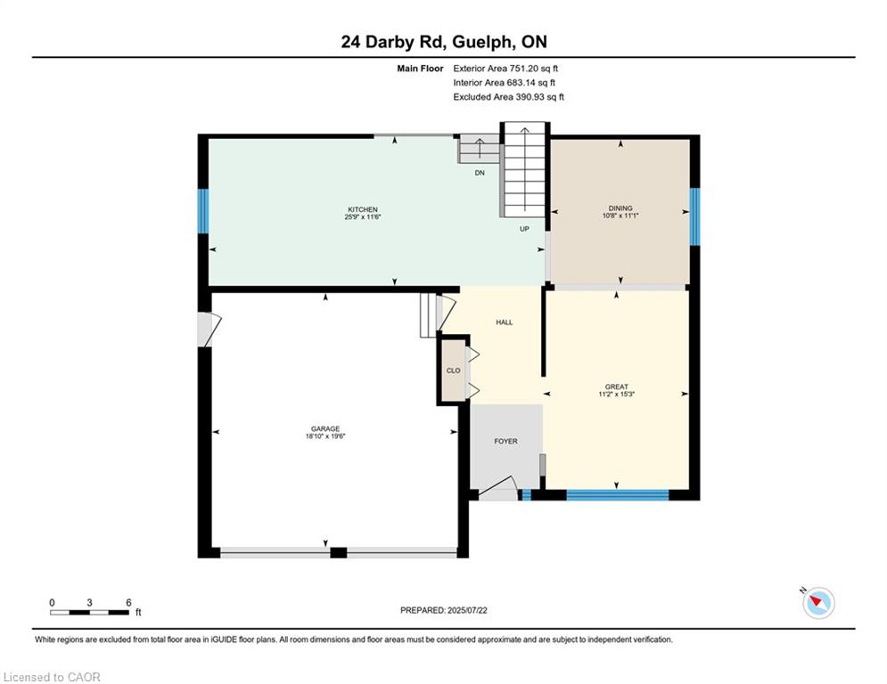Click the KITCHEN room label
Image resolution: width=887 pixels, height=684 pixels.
pos(363,209)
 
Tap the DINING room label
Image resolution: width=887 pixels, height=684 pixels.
pos(620,208)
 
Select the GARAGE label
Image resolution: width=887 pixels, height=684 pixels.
pos(325,428)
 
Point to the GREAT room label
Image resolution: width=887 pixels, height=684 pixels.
pos(617,387)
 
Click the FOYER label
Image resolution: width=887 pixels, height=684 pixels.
pos(505,441)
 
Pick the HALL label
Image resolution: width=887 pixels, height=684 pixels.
pos(505,322)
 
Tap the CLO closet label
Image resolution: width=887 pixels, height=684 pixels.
pos(453,370)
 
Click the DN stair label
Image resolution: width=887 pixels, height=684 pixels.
pos(480,173)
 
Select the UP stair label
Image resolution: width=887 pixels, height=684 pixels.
pos(524,229)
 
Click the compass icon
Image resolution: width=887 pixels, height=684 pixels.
pos(818,603)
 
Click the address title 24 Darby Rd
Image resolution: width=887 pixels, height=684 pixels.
pos(394,42)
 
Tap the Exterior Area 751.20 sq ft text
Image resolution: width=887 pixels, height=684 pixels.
pos(505,69)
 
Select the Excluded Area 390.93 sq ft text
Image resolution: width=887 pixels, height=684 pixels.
pos(508,97)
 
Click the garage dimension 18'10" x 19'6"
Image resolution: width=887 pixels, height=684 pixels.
pos(325,436)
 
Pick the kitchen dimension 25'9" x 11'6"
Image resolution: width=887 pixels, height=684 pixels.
pos(363,217)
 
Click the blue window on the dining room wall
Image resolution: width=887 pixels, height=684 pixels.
pos(694,216)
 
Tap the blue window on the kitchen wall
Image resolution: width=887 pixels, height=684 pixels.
pos(203,211)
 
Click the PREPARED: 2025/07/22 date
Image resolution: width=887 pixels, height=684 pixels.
pos(444,610)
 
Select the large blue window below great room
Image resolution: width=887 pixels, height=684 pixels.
pos(618,495)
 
